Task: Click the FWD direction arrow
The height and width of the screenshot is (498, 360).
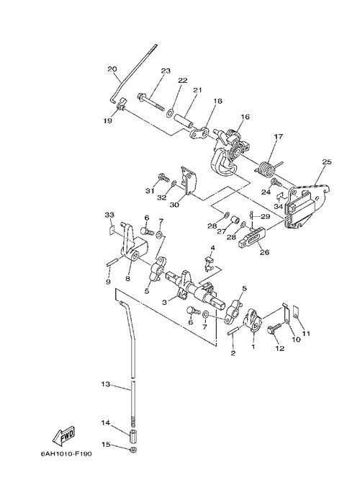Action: (63, 435)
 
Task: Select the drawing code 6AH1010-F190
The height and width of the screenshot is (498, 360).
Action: (66, 454)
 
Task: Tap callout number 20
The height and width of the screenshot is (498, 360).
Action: (112, 69)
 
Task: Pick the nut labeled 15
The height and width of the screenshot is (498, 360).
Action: (134, 450)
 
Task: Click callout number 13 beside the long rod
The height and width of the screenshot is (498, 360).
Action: (106, 384)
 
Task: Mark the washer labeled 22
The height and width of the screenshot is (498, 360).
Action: (170, 112)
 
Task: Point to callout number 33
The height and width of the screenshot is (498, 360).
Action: (109, 215)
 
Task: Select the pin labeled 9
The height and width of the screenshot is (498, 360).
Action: (112, 262)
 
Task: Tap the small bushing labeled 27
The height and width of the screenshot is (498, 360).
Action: (235, 221)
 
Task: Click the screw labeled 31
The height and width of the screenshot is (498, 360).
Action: (163, 177)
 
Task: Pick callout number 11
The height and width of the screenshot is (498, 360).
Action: (306, 334)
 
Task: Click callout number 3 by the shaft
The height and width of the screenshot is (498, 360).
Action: (164, 303)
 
